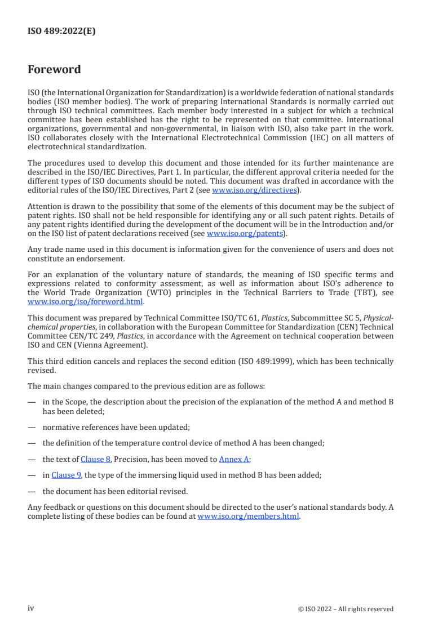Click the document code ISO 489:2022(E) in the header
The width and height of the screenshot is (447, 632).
tap(61, 32)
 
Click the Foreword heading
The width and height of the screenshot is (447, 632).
tap(54, 70)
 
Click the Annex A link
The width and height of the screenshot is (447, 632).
tap(234, 459)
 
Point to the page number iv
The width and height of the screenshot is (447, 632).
tap(31, 608)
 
